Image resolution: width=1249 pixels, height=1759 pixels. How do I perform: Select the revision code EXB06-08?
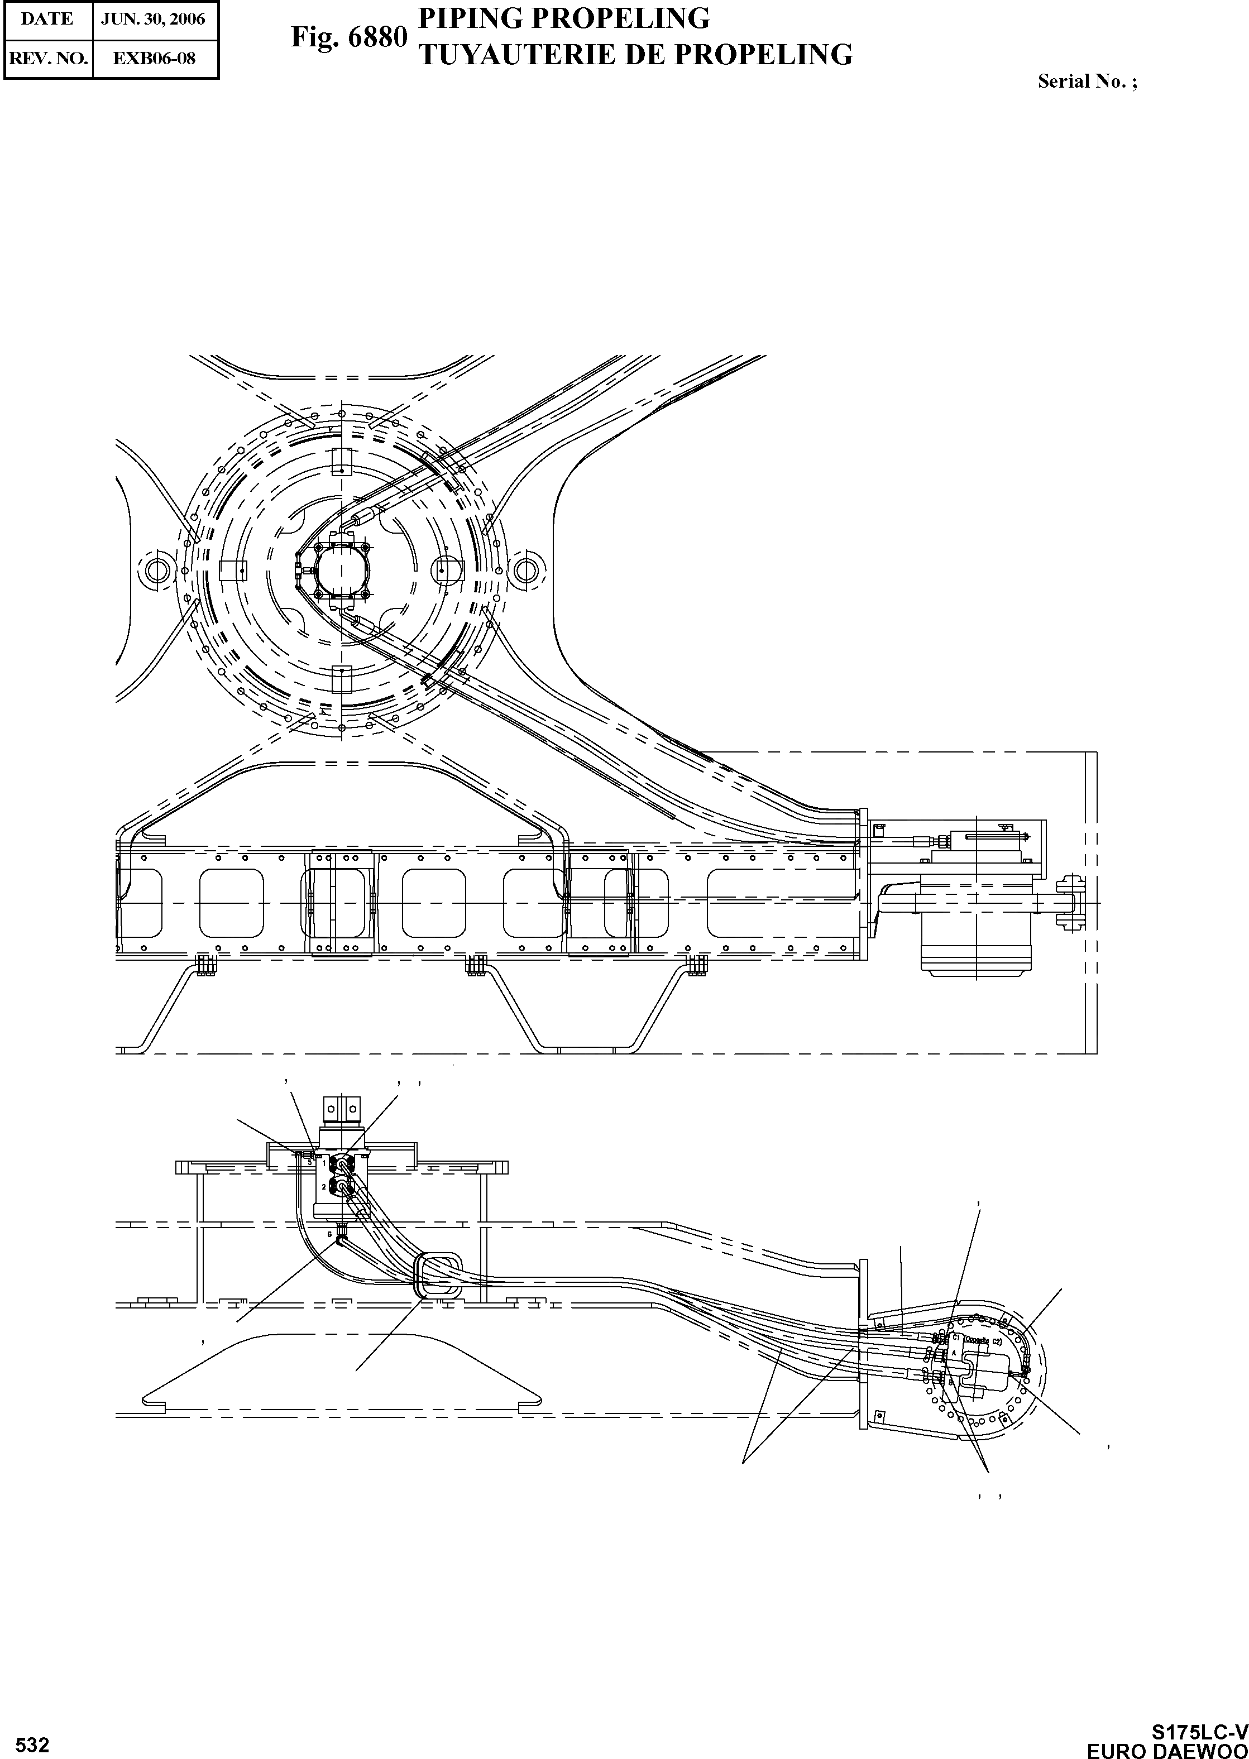point(154,57)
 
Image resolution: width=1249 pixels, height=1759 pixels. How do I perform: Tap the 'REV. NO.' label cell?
point(47,57)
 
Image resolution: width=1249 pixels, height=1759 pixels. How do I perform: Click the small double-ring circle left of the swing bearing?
point(157,569)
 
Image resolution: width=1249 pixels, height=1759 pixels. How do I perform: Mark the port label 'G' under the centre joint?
point(331,1234)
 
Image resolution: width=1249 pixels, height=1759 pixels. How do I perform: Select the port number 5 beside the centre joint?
point(309,1162)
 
